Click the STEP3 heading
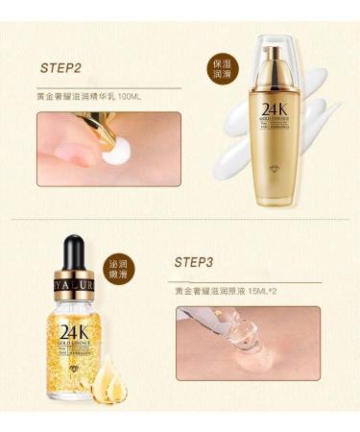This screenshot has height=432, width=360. (x=200, y=261)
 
